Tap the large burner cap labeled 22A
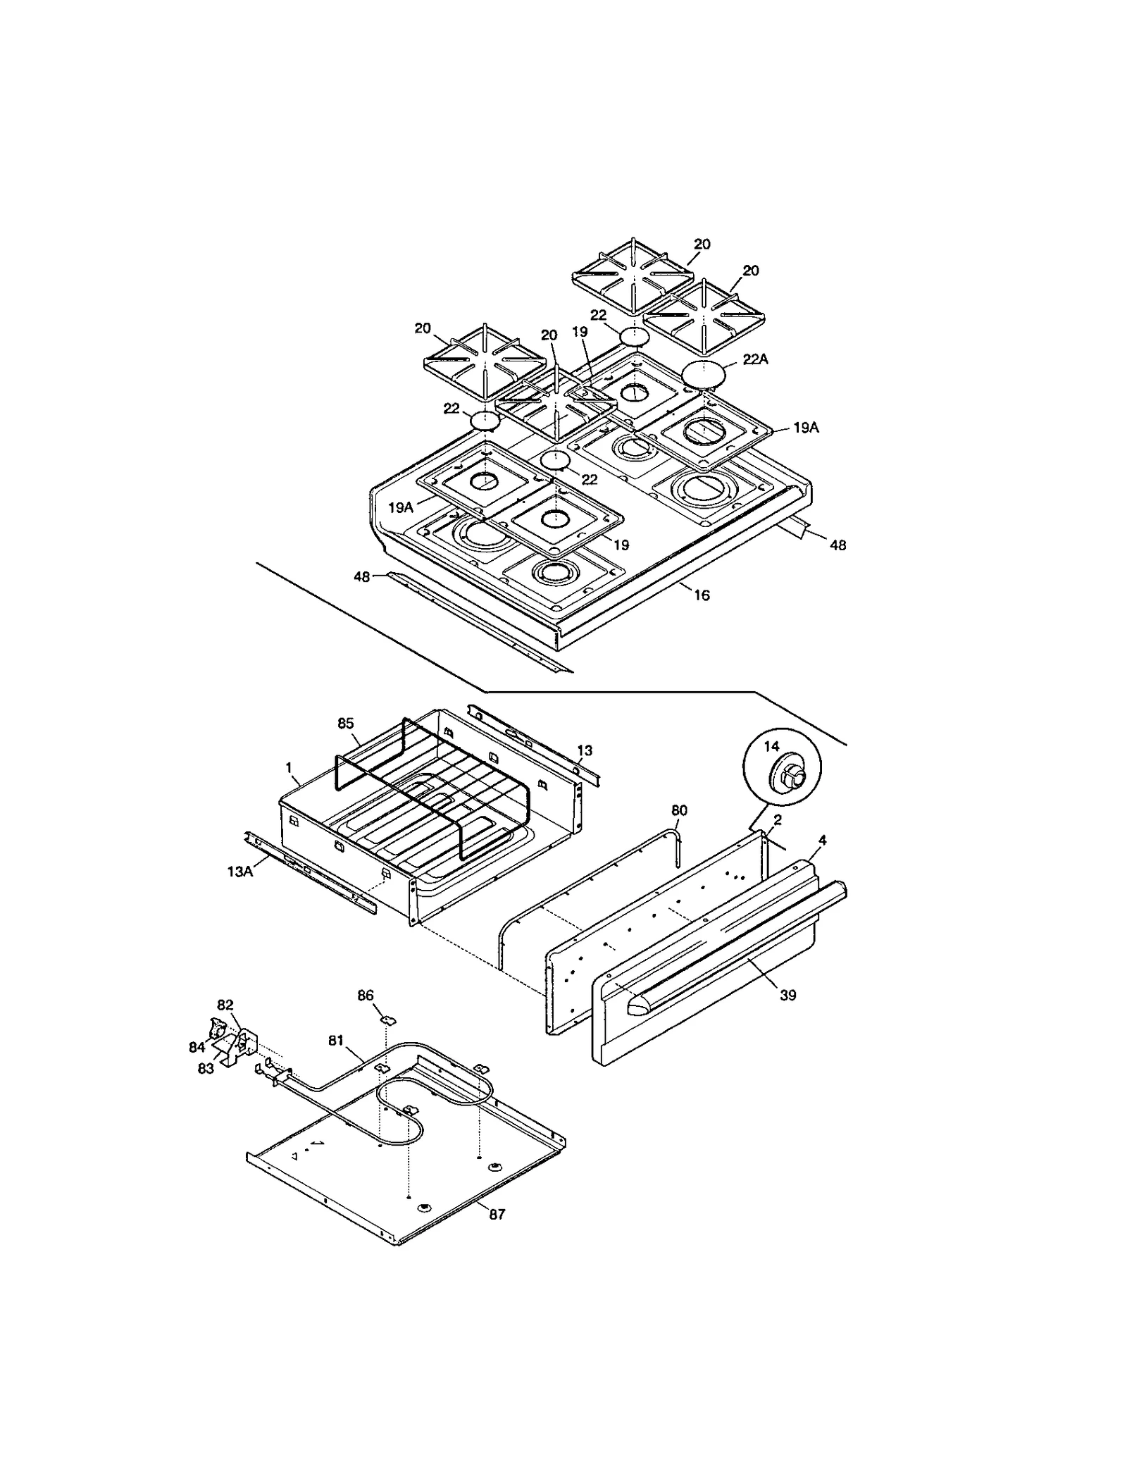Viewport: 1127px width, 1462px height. [702, 373]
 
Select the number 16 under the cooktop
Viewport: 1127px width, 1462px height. [702, 595]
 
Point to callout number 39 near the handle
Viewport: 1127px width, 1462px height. [787, 995]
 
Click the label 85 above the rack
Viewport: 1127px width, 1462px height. [345, 724]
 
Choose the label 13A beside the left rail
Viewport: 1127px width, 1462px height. [240, 872]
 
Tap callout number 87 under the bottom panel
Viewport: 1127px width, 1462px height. [497, 1215]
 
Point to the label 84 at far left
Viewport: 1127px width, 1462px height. [197, 1047]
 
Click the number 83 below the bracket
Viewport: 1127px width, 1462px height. [206, 1069]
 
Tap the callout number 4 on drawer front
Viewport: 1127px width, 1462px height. [822, 840]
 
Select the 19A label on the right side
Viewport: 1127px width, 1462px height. [806, 428]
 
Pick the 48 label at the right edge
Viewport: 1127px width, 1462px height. [838, 545]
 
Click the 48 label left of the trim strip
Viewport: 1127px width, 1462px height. [361, 577]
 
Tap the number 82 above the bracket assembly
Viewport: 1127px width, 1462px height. [225, 1005]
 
